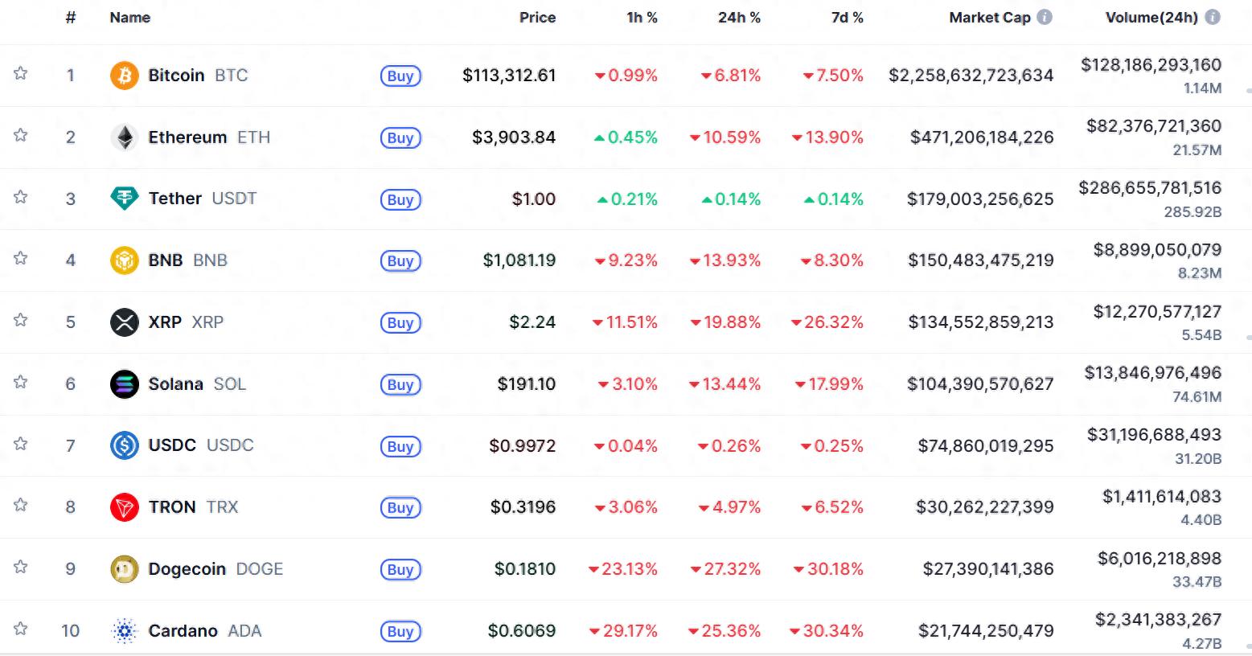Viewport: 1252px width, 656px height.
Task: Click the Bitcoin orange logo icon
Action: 124,76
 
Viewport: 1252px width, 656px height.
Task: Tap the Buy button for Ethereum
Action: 400,137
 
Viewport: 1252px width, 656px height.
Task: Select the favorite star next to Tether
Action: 21,197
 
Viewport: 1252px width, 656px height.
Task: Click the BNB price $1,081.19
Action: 519,260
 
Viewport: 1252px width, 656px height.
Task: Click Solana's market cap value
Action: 980,384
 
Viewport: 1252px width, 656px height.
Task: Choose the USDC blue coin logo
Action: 124,445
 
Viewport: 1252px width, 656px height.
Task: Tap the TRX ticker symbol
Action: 222,507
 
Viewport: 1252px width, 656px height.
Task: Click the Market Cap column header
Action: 989,18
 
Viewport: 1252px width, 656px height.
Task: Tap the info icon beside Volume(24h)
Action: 1213,17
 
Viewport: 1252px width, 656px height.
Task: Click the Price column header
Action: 537,18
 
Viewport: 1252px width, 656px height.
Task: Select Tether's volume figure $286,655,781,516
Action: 1150,188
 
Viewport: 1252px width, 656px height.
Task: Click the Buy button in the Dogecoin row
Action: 400,569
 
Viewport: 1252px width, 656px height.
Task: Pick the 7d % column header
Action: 847,18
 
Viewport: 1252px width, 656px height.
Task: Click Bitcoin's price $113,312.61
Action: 509,76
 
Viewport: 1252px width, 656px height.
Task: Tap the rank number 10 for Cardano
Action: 71,631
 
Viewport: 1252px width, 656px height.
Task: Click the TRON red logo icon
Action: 124,507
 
